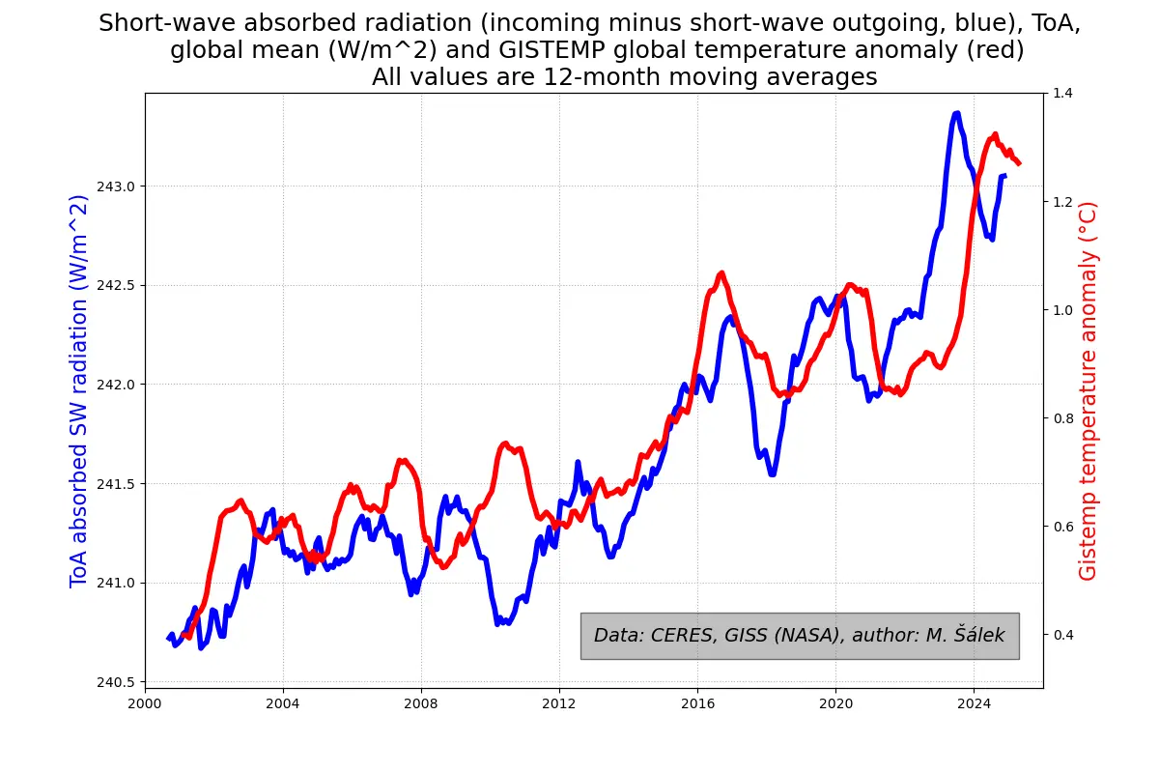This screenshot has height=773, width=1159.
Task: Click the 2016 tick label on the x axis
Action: coord(697,702)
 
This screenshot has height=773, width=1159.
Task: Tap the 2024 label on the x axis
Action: coord(974,702)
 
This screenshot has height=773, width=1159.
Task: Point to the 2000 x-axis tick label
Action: coord(145,702)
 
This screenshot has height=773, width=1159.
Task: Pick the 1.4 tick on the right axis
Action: coord(1062,93)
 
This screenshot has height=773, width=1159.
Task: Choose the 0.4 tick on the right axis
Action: coord(1062,635)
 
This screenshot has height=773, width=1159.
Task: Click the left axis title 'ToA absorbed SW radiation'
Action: coord(79,390)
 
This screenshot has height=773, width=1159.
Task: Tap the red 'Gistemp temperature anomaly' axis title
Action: coord(1088,390)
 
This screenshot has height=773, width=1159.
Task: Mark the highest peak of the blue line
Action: coord(956,114)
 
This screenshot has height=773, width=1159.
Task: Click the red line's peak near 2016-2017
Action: coord(721,273)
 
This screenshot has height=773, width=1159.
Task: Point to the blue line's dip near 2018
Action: coord(773,473)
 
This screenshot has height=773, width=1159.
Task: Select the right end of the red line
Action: coord(1019,163)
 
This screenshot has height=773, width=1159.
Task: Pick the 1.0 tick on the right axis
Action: coord(1062,310)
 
